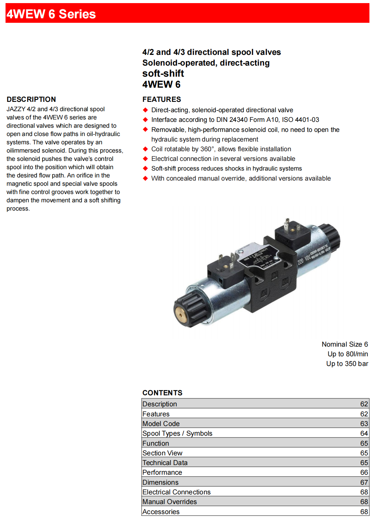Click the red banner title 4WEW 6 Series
pyautogui.click(x=51, y=14)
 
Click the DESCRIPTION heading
pyautogui.click(x=31, y=99)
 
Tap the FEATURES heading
pyautogui.click(x=161, y=99)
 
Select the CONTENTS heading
pyautogui.click(x=162, y=393)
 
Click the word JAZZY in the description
pyautogui.click(x=16, y=109)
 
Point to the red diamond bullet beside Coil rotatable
pyautogui.click(x=145, y=149)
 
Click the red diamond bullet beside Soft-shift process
pyautogui.click(x=145, y=168)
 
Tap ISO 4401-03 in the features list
pyautogui.click(x=300, y=120)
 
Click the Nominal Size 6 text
pyautogui.click(x=345, y=344)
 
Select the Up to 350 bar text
pyautogui.click(x=347, y=364)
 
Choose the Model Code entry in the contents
pyautogui.click(x=161, y=424)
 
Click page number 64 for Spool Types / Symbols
pyautogui.click(x=364, y=433)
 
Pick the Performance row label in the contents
pyautogui.click(x=162, y=472)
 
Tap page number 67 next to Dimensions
pyautogui.click(x=364, y=482)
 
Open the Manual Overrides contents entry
pyautogui.click(x=169, y=502)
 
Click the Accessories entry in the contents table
pyautogui.click(x=161, y=512)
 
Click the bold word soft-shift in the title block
pyautogui.click(x=163, y=74)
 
